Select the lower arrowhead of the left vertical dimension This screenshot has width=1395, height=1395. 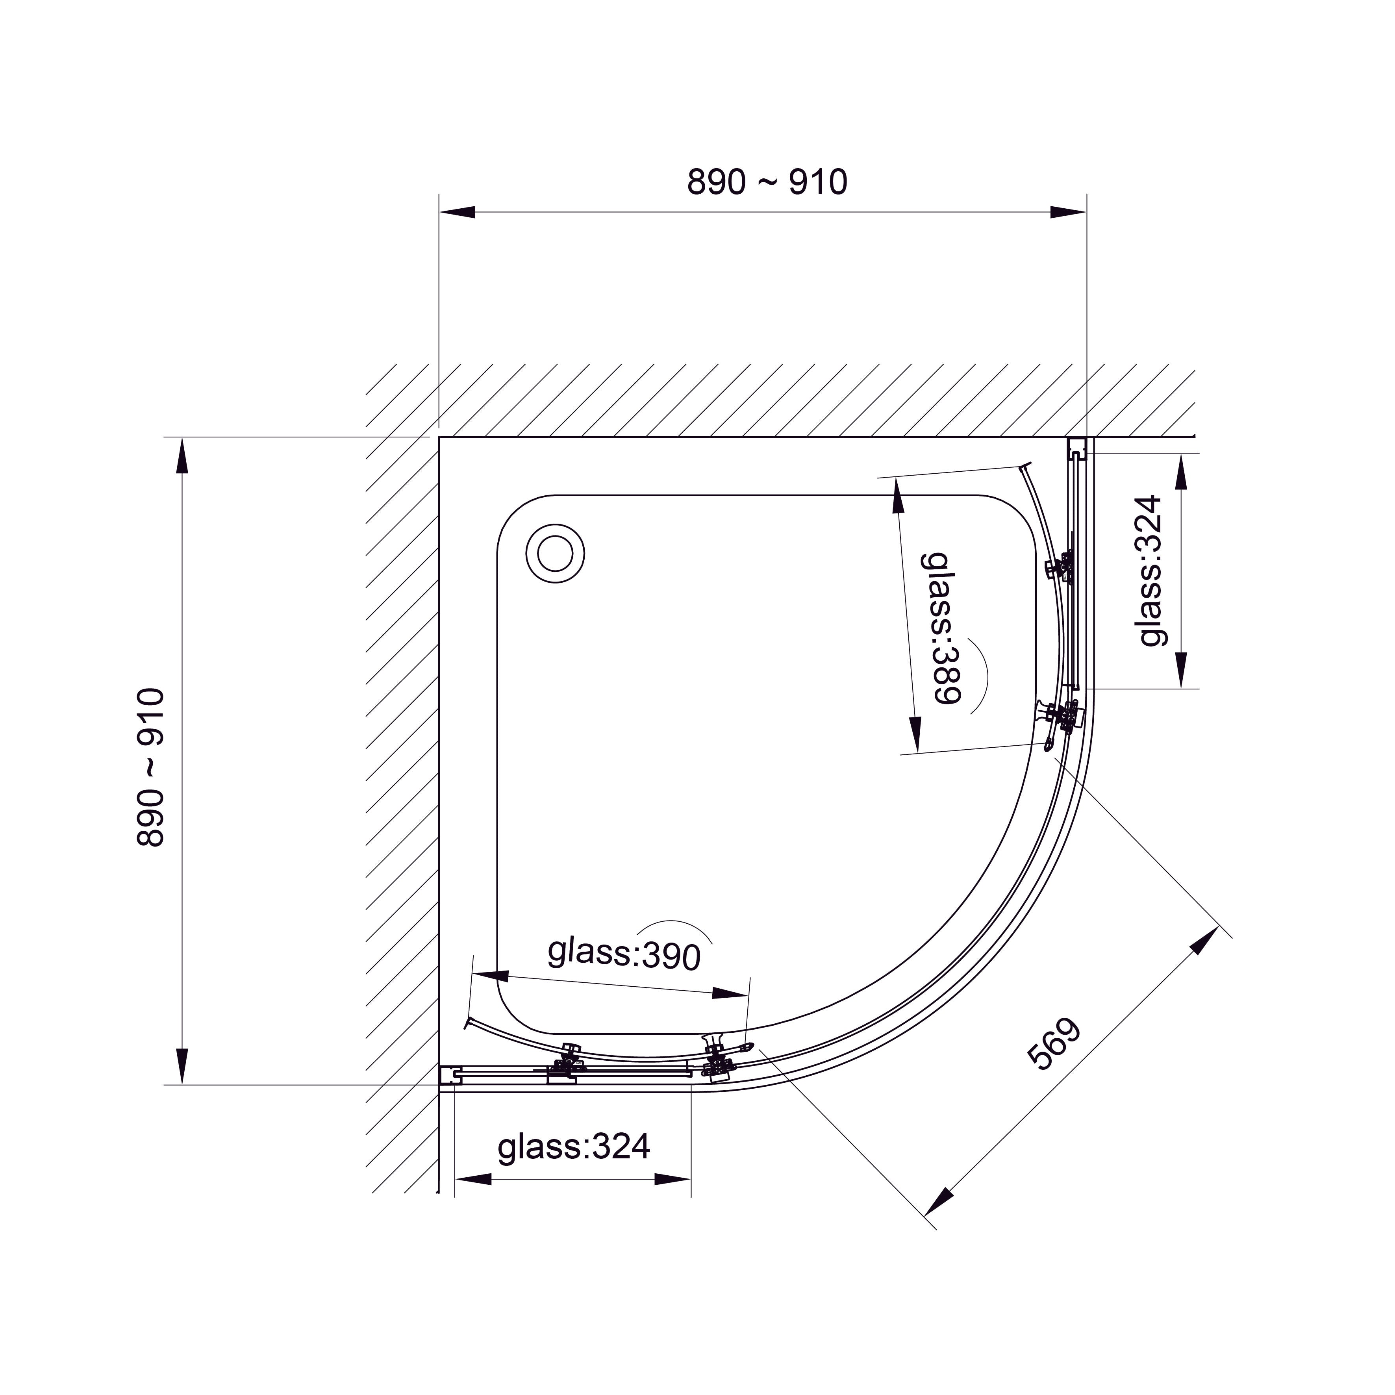coord(183,1067)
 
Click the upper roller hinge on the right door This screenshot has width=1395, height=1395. coord(1062,567)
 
